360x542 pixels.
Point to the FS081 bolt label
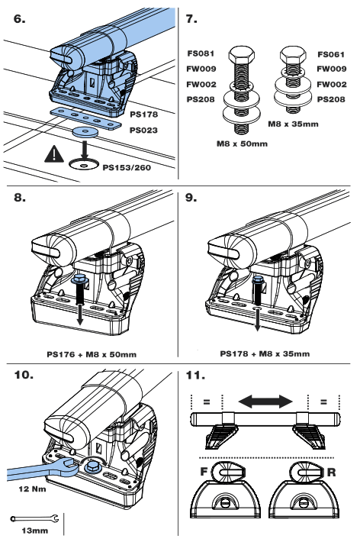(x=200, y=54)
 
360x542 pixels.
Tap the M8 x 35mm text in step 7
(x=295, y=120)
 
